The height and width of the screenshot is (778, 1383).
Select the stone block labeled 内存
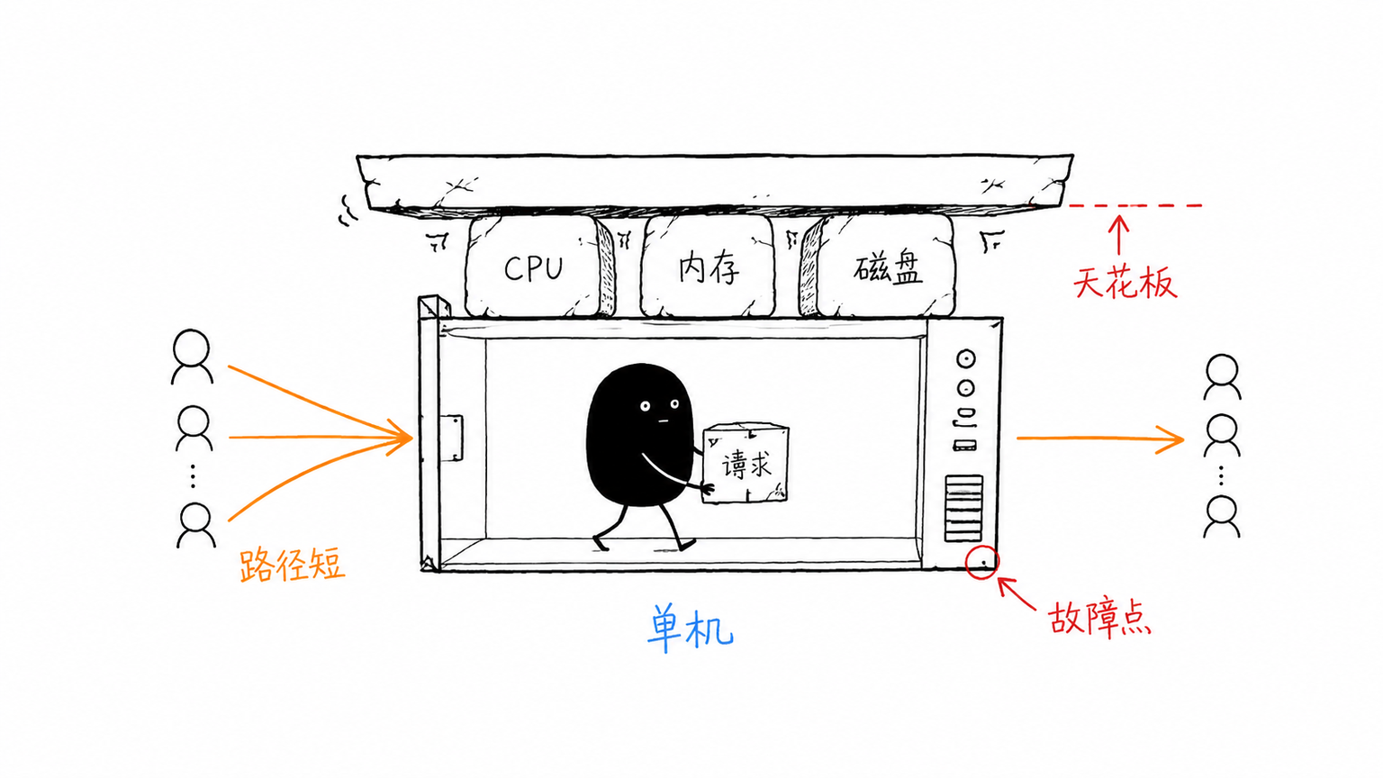pos(708,267)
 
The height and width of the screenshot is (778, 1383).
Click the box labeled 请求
pos(746,463)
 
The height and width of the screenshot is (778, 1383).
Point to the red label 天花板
pos(1125,284)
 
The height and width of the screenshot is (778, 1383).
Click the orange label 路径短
pos(292,565)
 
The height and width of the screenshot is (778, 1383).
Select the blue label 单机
pos(691,628)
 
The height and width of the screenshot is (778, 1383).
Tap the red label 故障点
pos(1099,619)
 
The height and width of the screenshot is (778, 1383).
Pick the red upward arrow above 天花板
pos(1119,235)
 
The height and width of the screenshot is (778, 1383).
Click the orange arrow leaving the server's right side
pos(1100,439)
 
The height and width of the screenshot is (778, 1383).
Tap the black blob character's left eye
pos(645,406)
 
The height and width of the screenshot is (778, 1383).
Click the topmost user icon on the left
pos(192,357)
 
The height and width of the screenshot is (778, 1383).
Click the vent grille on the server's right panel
pos(963,509)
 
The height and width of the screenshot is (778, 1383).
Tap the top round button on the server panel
pos(965,358)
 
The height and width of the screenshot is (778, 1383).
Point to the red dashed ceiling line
pos(1134,205)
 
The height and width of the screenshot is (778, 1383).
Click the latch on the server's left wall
pos(453,438)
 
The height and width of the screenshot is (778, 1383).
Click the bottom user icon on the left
pos(196,526)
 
